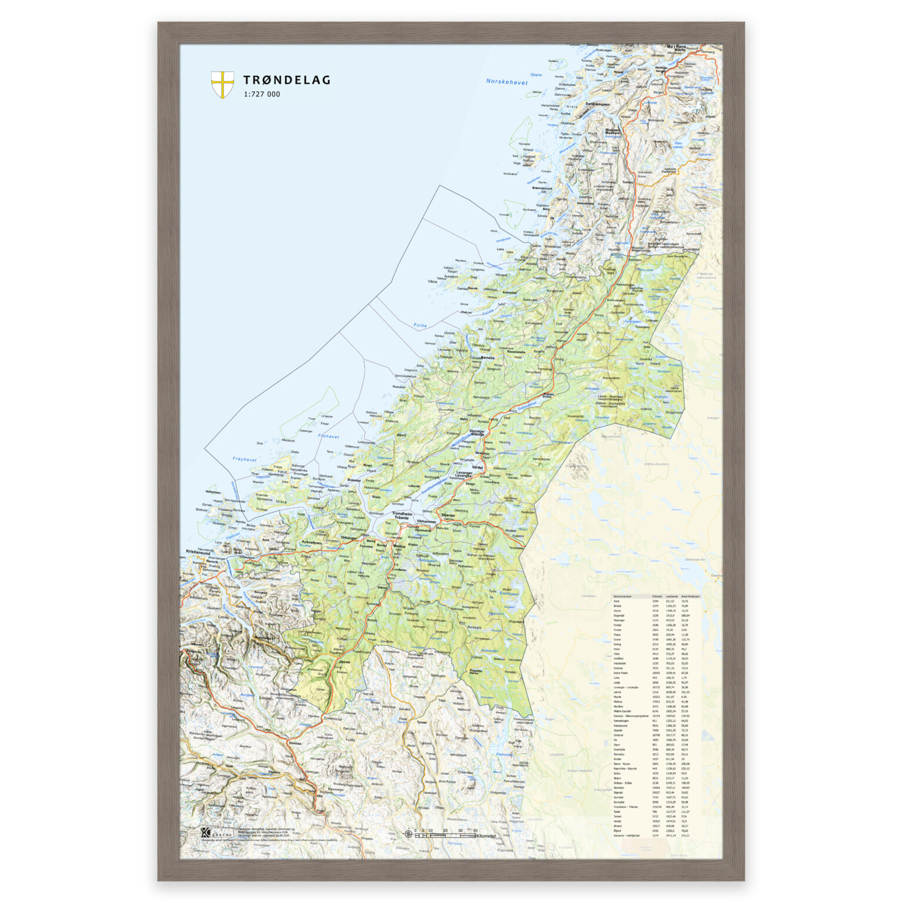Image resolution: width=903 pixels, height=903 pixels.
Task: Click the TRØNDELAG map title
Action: pyautogui.click(x=287, y=80)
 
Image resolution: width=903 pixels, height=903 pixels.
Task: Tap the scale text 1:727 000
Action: pyautogui.click(x=262, y=94)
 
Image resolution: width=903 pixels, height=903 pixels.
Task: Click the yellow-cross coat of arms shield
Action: pyautogui.click(x=222, y=85)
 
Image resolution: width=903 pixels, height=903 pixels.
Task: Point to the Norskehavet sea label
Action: pyautogui.click(x=507, y=82)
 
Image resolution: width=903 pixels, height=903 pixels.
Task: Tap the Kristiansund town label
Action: pyautogui.click(x=198, y=553)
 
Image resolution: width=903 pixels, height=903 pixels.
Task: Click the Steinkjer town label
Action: pyautogui.click(x=477, y=431)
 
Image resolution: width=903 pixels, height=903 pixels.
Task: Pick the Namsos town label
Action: pyautogui.click(x=487, y=357)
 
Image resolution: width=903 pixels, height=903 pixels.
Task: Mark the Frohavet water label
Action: pyautogui.click(x=329, y=436)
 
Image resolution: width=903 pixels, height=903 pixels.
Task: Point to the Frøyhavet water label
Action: pyautogui.click(x=245, y=459)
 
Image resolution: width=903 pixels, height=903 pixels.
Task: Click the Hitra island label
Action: pyautogui.click(x=281, y=501)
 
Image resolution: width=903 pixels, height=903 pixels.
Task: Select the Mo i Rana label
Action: pyautogui.click(x=676, y=46)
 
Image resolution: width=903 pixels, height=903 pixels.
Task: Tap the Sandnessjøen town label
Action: pyautogui.click(x=597, y=103)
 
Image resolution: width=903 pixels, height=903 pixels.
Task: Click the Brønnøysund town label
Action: pyautogui.click(x=542, y=188)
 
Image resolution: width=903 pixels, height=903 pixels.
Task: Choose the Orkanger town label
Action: pyautogui.click(x=349, y=537)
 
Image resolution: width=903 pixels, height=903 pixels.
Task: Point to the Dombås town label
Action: pyautogui.click(x=296, y=743)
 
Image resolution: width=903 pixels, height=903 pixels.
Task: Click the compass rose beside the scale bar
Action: pyautogui.click(x=408, y=834)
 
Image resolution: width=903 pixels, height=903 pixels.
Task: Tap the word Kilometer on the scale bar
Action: pyautogui.click(x=486, y=836)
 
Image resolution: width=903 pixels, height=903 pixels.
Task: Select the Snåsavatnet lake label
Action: pyautogui.click(x=527, y=405)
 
